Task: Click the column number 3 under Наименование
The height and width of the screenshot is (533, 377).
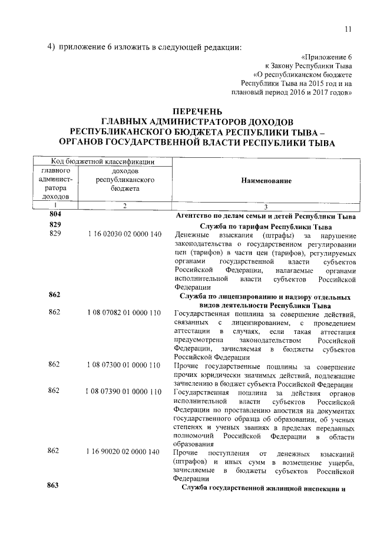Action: coord(266,207)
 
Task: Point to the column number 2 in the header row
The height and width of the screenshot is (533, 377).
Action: coord(125,206)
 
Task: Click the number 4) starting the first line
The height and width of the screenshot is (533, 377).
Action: coord(51,48)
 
